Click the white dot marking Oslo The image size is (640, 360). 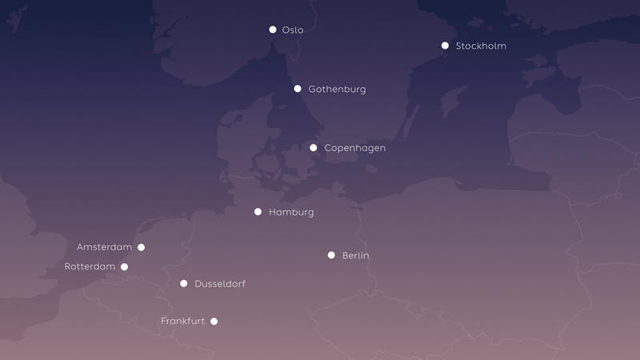tap(273, 30)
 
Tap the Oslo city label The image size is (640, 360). tap(293, 30)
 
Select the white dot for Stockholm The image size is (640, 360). tap(445, 46)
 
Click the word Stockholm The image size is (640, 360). tap(481, 46)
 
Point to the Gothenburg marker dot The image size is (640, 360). tap(298, 89)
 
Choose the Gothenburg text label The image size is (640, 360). tap(337, 90)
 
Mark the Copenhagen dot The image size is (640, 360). tap(314, 148)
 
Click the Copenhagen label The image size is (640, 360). tap(354, 149)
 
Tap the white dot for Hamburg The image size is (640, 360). tap(258, 212)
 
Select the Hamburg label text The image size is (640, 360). tap(291, 213)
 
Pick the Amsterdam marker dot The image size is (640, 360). tap(142, 247)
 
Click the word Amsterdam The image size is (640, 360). tap(104, 247)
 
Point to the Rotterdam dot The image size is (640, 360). tap(124, 266)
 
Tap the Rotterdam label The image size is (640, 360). tap(90, 266)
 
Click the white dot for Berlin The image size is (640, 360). tap(331, 255)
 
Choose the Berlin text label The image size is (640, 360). tap(356, 256)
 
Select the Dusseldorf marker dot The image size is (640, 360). tap(184, 283)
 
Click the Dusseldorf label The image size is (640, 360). tap(220, 284)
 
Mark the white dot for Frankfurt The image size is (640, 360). tap(214, 322)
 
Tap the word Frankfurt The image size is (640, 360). tap(182, 322)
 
